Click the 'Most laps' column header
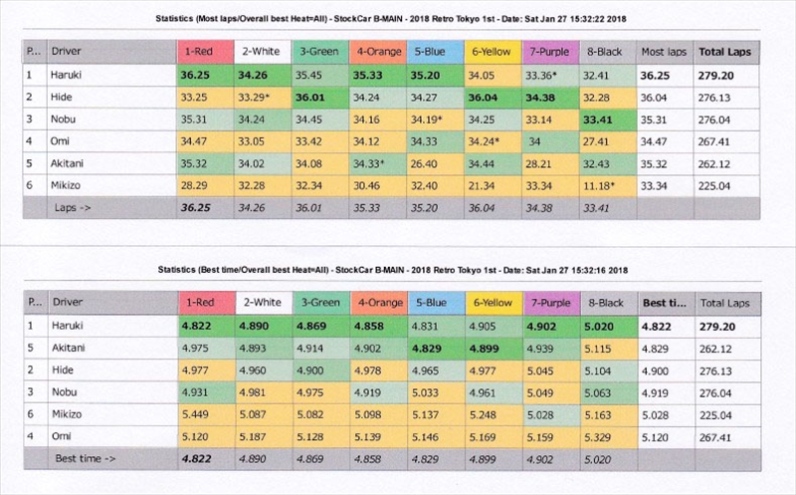664,51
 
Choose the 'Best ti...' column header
664,300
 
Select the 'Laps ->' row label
76,206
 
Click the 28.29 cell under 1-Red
195,184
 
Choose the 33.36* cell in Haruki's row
540,74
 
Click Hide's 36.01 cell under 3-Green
311,97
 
